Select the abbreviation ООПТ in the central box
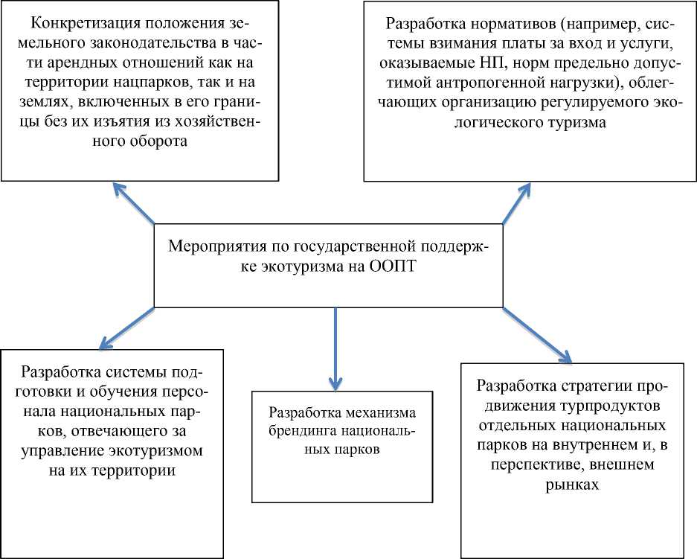[391, 267]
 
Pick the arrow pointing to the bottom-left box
[126, 329]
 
